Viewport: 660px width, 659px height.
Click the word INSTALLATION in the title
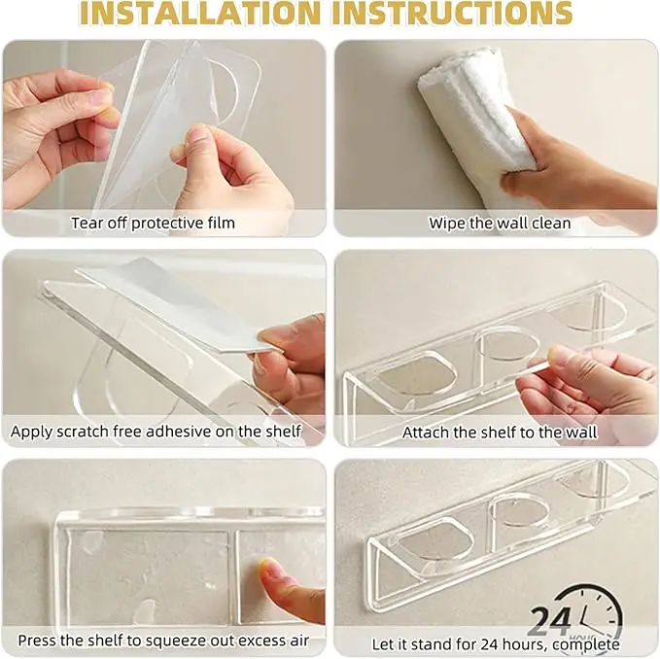click(x=199, y=13)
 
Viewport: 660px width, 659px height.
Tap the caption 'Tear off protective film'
click(x=153, y=223)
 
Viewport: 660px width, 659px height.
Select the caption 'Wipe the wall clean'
click(x=500, y=223)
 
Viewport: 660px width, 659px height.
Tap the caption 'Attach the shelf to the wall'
click(x=500, y=433)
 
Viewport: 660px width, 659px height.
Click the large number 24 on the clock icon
click(x=550, y=621)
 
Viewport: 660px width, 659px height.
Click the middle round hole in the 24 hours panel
click(x=519, y=512)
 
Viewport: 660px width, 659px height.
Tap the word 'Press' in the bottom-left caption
click(x=37, y=641)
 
